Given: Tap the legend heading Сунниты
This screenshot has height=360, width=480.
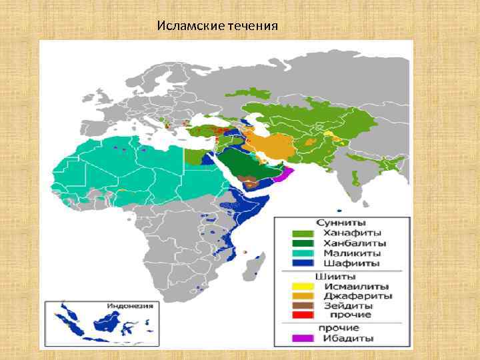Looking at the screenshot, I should [x=344, y=223].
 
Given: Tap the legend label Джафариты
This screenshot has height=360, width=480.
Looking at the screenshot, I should [x=357, y=295].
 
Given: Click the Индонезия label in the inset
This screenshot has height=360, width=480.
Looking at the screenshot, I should [x=129, y=306].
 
